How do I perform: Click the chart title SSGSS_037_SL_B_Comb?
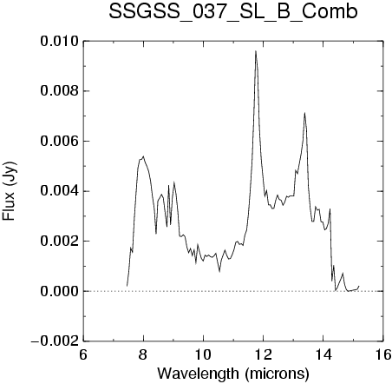pyautogui.click(x=233, y=12)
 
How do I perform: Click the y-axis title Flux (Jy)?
pyautogui.click(x=10, y=191)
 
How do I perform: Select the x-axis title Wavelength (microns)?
pyautogui.click(x=233, y=373)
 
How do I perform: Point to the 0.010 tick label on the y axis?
pyautogui.click(x=60, y=42)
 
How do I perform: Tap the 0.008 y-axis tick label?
pyautogui.click(x=60, y=91)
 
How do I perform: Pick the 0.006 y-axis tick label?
pyautogui.click(x=60, y=142)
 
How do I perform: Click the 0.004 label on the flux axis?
pyautogui.click(x=60, y=191)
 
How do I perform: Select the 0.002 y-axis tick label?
pyautogui.click(x=60, y=242)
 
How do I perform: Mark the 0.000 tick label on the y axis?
pyautogui.click(x=60, y=291)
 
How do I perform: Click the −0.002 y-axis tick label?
pyautogui.click(x=55, y=341)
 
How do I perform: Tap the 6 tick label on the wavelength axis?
pyautogui.click(x=83, y=354)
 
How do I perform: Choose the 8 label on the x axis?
pyautogui.click(x=143, y=354)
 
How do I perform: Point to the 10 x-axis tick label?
pyautogui.click(x=203, y=354)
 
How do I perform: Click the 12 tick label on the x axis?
pyautogui.click(x=264, y=354)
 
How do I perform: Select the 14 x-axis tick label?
pyautogui.click(x=323, y=354)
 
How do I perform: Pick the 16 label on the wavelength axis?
pyautogui.click(x=383, y=354)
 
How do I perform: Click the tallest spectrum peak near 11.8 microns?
pyautogui.click(x=256, y=51)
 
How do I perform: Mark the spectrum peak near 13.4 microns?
pyautogui.click(x=304, y=113)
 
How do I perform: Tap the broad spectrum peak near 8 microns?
pyautogui.click(x=143, y=156)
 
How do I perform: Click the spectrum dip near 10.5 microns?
pyautogui.click(x=219, y=272)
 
